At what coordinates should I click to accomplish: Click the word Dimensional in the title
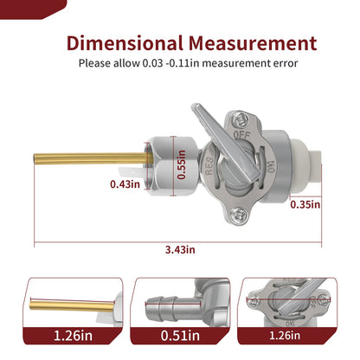pyautogui.click(x=125, y=43)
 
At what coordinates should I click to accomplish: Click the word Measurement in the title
pyautogui.click(x=253, y=43)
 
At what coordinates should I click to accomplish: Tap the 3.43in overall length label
pyautogui.click(x=180, y=249)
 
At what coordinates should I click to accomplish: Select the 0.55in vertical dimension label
pyautogui.click(x=181, y=164)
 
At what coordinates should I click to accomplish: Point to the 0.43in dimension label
pyautogui.click(x=125, y=183)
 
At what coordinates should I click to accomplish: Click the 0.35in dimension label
pyautogui.click(x=305, y=204)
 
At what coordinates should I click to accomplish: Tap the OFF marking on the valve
pyautogui.click(x=241, y=134)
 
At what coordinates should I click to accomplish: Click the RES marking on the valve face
pyautogui.click(x=209, y=166)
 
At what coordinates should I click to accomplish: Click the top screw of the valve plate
pyautogui.click(x=240, y=119)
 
